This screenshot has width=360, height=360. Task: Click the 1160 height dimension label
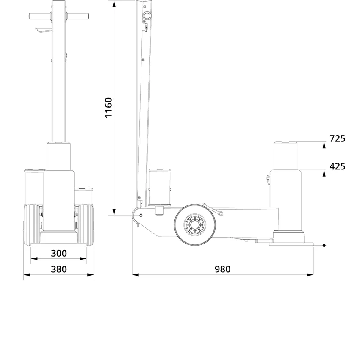point(108,108)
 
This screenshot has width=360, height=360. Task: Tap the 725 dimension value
point(337,138)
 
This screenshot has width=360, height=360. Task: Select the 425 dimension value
point(337,166)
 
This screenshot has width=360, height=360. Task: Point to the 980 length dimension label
point(222,269)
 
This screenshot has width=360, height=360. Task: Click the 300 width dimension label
point(59,253)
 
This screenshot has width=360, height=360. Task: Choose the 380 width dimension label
point(59,269)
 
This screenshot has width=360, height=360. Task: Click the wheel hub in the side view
point(195,224)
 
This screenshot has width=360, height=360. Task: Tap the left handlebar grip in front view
point(39,16)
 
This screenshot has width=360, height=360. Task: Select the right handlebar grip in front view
point(78,16)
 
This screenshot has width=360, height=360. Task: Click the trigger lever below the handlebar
point(44,30)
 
